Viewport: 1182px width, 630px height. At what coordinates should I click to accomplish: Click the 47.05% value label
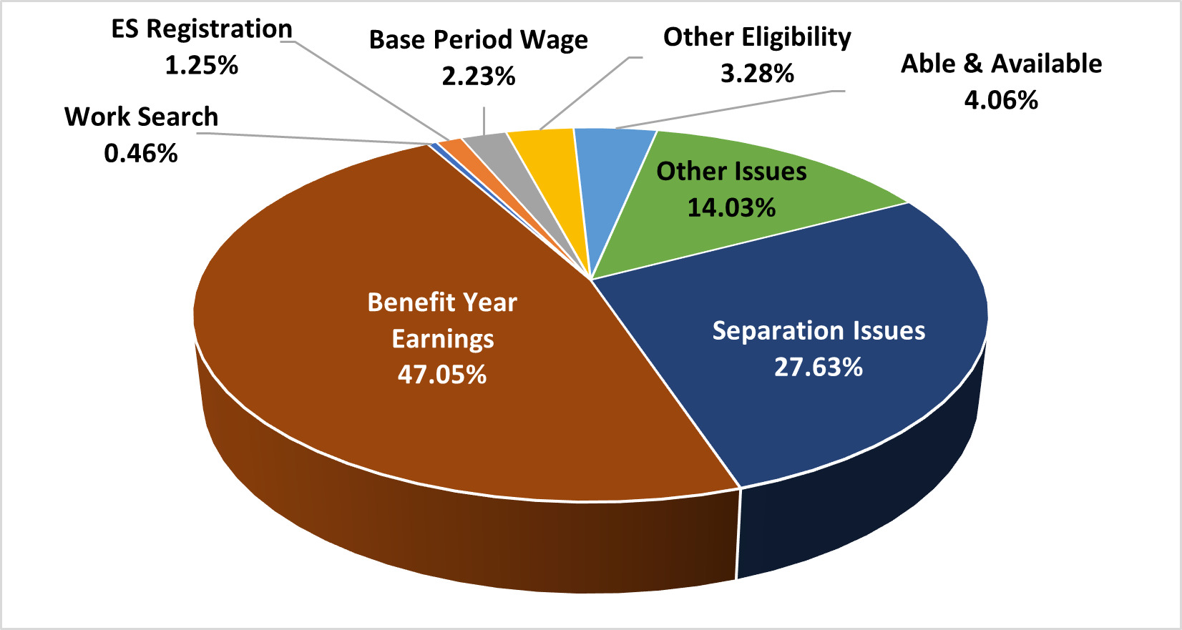click(442, 374)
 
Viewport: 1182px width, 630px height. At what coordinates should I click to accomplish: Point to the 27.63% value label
click(819, 367)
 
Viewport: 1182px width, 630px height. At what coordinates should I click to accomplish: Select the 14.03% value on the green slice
click(731, 207)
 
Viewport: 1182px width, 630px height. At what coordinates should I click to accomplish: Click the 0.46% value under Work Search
click(141, 153)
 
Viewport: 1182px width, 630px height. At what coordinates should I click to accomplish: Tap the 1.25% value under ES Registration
click(202, 66)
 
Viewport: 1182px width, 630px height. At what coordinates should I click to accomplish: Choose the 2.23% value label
click(479, 76)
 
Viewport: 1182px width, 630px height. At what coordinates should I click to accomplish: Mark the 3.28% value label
click(757, 73)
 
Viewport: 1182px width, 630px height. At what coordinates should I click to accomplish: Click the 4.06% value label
click(1001, 99)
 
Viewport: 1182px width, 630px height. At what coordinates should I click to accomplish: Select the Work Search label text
click(141, 117)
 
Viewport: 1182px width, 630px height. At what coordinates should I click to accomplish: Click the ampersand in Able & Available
click(972, 64)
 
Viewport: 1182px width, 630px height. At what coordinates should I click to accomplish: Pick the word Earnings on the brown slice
click(442, 338)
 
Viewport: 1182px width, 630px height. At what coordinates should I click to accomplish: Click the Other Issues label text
click(731, 172)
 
